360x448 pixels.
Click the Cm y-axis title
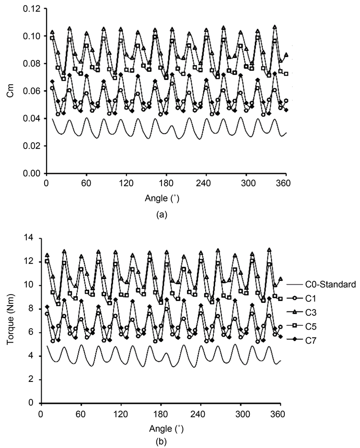click(10, 91)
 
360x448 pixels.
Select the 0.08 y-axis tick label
click(33, 64)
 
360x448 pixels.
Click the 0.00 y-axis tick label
click(33, 173)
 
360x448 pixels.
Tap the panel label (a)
click(162, 215)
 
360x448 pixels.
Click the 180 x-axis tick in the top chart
click(167, 183)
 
